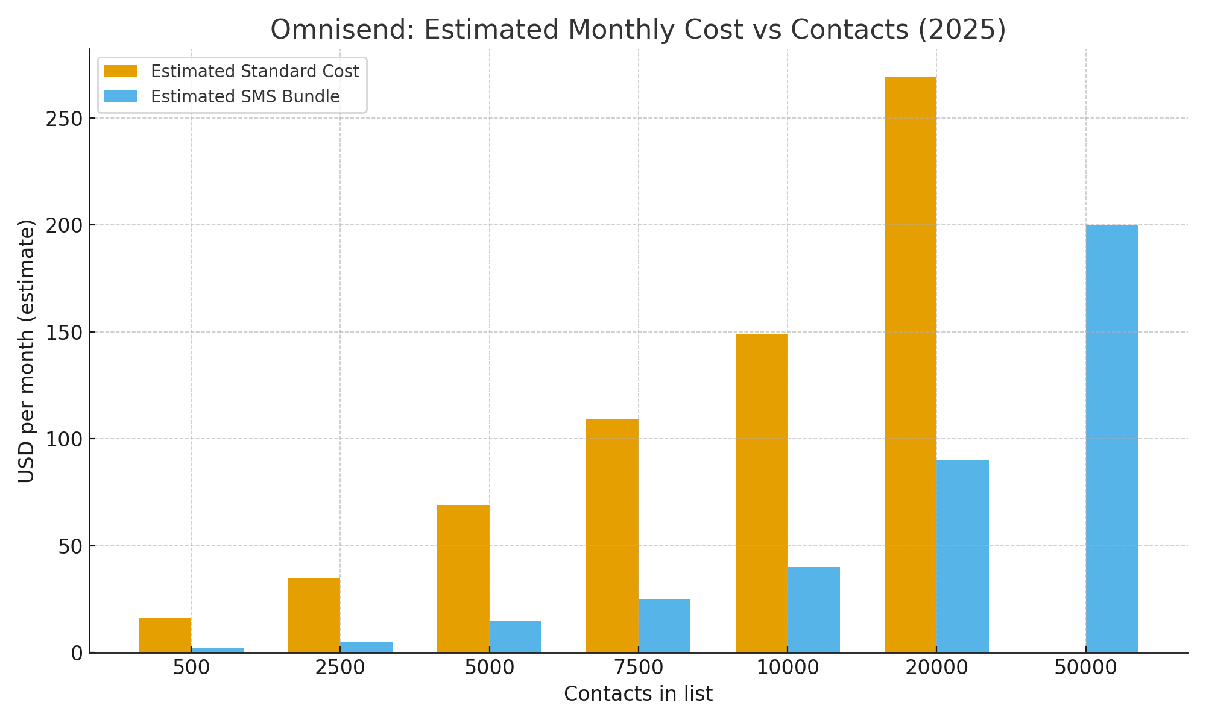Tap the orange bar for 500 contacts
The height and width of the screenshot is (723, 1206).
tap(165, 635)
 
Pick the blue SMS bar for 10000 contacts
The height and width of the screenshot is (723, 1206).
tap(813, 609)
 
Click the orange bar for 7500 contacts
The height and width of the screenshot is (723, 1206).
tap(612, 536)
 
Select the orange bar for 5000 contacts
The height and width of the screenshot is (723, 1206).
tap(463, 578)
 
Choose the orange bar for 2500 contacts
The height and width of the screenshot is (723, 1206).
tap(314, 615)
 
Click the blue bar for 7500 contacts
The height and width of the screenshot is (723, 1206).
tap(665, 625)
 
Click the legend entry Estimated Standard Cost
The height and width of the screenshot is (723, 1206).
tap(254, 72)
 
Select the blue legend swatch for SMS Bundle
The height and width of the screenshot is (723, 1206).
tap(121, 97)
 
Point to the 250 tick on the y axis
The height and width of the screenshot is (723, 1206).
tap(65, 119)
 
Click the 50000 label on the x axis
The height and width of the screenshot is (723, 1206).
tap(1085, 668)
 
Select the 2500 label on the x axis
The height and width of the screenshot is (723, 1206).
tap(340, 668)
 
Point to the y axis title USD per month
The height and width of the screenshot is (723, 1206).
tap(27, 351)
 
